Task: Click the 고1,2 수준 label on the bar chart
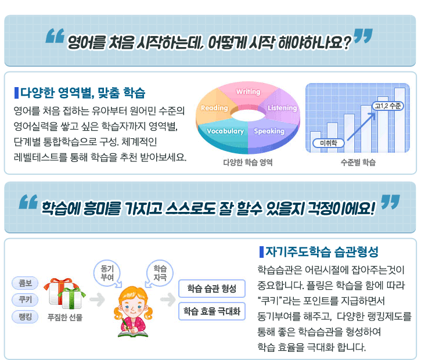[388, 106]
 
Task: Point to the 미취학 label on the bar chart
[328, 143]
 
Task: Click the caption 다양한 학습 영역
[248, 163]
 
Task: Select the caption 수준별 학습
[358, 163]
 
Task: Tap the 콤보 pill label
[25, 283]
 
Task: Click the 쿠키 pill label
[25, 300]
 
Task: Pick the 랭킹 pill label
[25, 317]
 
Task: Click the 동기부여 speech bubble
[107, 273]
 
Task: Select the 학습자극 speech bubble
[160, 273]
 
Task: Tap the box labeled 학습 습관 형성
[212, 289]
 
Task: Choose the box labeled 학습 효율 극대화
[212, 311]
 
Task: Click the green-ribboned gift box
[71, 298]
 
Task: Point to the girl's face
[132, 307]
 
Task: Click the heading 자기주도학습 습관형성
[322, 252]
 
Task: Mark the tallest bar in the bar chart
[400, 120]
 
